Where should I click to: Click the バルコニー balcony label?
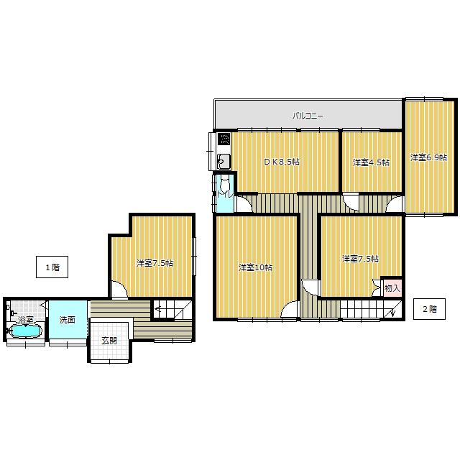click(x=308, y=116)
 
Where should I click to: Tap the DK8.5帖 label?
click(x=282, y=162)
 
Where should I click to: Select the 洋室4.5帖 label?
click(x=371, y=162)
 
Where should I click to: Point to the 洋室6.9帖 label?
click(x=428, y=157)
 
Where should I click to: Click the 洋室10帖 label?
click(x=256, y=267)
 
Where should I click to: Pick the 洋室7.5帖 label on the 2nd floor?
click(x=360, y=259)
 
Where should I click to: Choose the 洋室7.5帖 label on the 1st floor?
click(x=155, y=263)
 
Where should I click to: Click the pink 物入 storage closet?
click(x=392, y=287)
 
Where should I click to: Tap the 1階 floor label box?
click(x=52, y=267)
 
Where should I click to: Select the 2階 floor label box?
click(x=430, y=309)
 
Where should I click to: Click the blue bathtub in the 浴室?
click(x=26, y=331)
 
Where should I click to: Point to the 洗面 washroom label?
click(x=68, y=320)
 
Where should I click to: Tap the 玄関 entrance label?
click(x=109, y=340)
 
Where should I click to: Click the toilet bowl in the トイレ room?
click(x=225, y=185)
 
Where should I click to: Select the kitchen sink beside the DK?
click(x=224, y=161)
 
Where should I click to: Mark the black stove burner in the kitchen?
click(x=224, y=139)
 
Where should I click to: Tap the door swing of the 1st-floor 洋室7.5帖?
click(x=119, y=289)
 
